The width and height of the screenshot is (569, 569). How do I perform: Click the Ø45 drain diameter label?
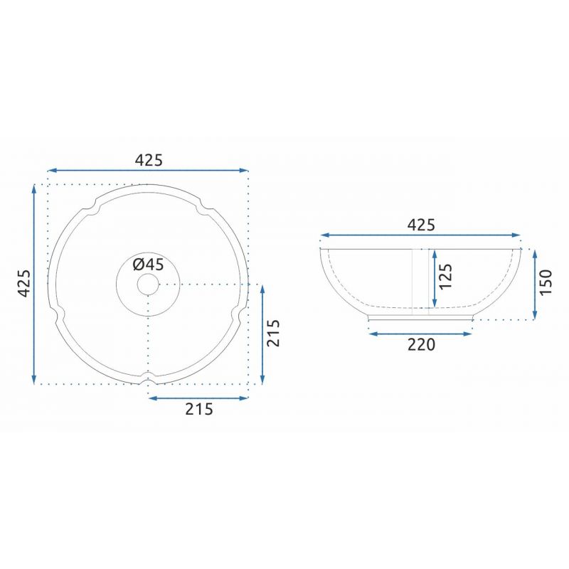tap(148, 265)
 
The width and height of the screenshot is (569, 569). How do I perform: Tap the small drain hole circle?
tap(148, 284)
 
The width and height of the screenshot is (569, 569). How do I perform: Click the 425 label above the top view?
tap(149, 160)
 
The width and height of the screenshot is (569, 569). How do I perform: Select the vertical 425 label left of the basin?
tap(24, 283)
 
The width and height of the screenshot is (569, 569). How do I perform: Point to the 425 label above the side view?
tap(421, 225)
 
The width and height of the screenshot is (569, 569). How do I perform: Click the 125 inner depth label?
tap(446, 277)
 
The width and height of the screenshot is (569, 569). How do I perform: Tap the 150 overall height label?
tap(546, 282)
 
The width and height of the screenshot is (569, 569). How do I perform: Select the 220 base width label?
tap(421, 345)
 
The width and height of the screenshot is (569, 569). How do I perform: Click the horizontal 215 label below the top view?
tap(199, 410)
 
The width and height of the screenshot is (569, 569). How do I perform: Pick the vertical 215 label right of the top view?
tap(273, 333)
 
